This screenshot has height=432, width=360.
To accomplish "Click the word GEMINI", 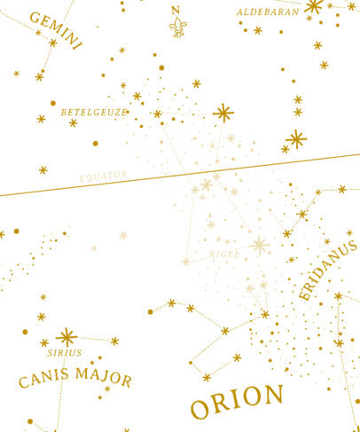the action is coord(56,29).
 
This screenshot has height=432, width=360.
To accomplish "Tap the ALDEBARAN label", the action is coord(267,12).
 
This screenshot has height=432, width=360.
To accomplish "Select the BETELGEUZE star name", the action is coord(94,113).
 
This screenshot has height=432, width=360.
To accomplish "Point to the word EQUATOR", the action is coord(104,176).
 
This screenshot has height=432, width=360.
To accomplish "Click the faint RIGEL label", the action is coord(224,255).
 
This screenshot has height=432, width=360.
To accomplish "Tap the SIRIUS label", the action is coord(65,352).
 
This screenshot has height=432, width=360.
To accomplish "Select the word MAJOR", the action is coord(104,379).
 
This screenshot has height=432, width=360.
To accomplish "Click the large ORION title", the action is coord(237,402).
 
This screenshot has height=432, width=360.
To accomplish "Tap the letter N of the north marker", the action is coord(176,10).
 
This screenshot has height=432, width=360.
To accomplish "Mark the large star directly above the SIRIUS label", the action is coord(66,336).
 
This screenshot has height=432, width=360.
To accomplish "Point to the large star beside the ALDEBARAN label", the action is coord(313,7).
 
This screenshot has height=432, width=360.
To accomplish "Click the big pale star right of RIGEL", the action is coord(260,246).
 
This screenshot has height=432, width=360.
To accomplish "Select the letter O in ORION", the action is coord(200,407).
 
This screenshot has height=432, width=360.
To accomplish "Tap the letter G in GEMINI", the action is coord(36,17).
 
